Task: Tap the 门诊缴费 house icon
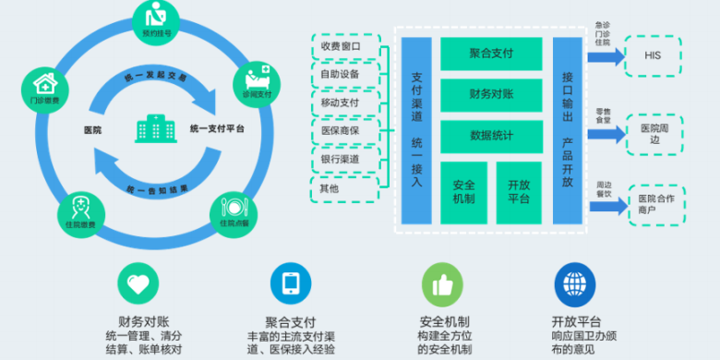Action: click(x=50, y=85)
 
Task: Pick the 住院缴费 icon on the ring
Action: click(x=80, y=210)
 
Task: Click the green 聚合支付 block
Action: click(x=491, y=54)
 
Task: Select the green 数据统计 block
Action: click(x=491, y=135)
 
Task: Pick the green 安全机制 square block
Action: click(x=464, y=191)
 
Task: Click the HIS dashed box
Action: click(x=653, y=55)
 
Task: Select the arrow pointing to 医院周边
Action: click(x=604, y=131)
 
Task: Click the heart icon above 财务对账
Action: click(x=138, y=284)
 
